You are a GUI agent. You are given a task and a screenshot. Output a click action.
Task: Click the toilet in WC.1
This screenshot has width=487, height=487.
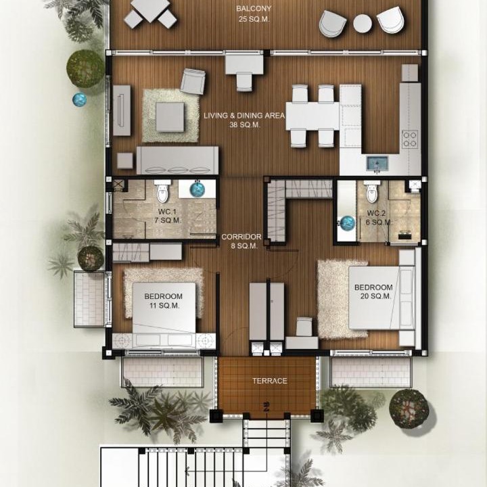click(162, 191)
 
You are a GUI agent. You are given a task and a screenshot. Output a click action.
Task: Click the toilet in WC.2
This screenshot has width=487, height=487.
click(372, 191)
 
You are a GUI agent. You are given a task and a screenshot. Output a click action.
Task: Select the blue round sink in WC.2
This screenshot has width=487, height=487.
click(348, 223)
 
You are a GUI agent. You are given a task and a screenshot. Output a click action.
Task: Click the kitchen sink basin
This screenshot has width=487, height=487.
click(377, 164)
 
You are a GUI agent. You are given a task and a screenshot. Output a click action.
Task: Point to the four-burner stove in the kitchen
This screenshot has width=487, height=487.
click(409, 139)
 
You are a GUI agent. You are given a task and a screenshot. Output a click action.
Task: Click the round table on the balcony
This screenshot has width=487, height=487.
click(363, 24)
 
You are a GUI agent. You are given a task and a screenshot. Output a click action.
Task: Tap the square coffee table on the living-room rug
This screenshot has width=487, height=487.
click(170, 117)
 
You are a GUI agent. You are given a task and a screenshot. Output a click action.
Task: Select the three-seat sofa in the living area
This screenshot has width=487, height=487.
click(177, 160)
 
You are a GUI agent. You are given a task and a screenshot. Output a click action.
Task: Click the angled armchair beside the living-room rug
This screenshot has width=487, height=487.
click(193, 81)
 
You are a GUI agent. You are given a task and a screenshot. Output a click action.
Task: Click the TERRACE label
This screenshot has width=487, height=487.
click(270, 381)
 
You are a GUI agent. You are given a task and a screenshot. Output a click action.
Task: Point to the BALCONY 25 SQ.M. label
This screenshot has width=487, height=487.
click(254, 14)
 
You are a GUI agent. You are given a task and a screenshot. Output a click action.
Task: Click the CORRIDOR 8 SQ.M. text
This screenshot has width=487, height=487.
click(241, 241)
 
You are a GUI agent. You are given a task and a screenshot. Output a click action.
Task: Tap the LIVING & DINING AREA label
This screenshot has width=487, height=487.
click(244, 120)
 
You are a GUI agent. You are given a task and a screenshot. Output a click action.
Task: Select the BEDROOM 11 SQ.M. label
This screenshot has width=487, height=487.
click(164, 300)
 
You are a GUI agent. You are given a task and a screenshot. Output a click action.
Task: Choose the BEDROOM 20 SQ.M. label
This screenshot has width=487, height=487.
click(373, 292)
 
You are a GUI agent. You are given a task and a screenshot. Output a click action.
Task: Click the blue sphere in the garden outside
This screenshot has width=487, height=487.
click(80, 99)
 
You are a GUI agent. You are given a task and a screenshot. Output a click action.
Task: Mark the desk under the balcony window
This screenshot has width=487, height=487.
click(244, 65)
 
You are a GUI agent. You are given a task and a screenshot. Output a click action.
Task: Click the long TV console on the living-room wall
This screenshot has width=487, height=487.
click(122, 110)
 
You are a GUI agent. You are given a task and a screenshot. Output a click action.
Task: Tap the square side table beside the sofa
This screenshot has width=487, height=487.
click(125, 161)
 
